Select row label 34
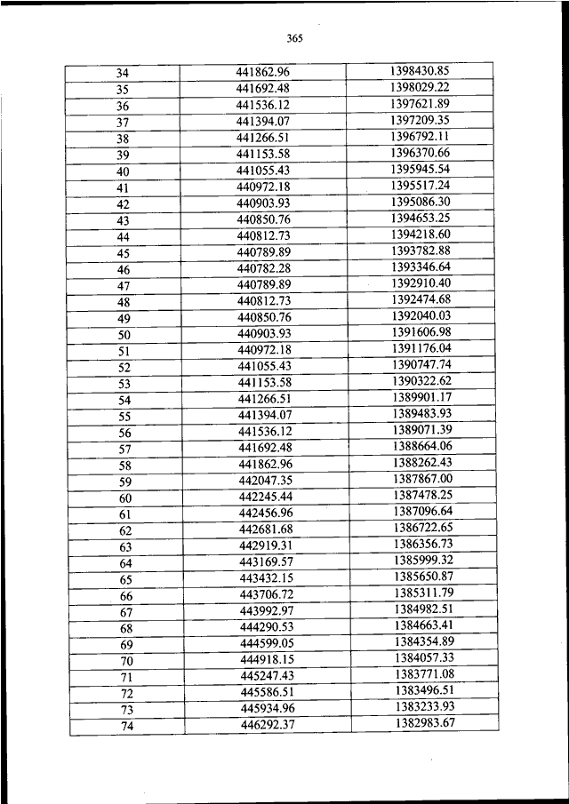click(x=123, y=73)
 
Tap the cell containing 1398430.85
click(x=419, y=70)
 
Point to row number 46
click(x=123, y=270)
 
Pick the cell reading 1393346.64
click(x=421, y=267)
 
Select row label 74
click(x=125, y=728)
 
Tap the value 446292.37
click(x=268, y=725)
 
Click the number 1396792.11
click(x=419, y=136)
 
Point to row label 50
click(x=124, y=335)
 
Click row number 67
click(x=124, y=613)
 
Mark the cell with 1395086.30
click(x=420, y=202)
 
